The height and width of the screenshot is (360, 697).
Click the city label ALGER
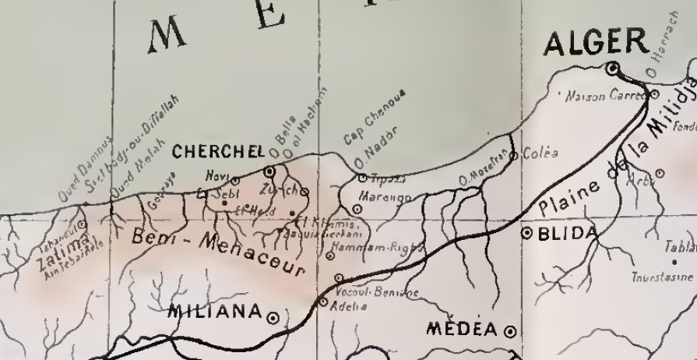point(596,44)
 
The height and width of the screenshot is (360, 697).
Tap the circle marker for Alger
point(613,69)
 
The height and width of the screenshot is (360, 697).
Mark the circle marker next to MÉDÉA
point(510,330)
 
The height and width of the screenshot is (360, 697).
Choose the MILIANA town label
point(215,312)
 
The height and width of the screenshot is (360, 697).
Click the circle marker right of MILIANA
point(273,317)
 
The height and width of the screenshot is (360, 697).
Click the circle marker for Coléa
point(513,157)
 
